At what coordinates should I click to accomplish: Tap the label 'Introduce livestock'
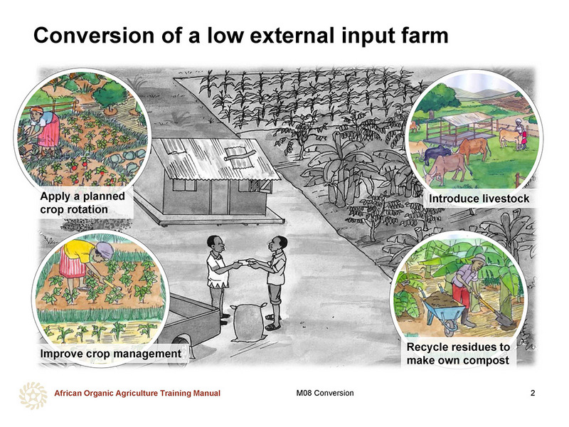tap(479, 199)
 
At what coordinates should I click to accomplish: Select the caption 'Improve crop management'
tap(111, 353)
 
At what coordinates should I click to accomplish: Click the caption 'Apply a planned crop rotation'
tap(83, 203)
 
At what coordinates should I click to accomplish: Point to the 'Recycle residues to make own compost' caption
tap(458, 354)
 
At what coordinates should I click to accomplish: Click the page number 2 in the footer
tap(533, 393)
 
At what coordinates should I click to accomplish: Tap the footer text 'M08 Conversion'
tap(325, 393)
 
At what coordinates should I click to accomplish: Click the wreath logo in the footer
tap(33, 396)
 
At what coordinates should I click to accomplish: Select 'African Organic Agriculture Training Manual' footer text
tap(137, 393)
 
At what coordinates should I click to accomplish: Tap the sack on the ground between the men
tap(248, 323)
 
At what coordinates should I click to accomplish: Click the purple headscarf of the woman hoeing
tap(105, 251)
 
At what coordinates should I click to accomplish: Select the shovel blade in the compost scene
tap(506, 321)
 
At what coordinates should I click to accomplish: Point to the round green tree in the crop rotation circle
tap(109, 95)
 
